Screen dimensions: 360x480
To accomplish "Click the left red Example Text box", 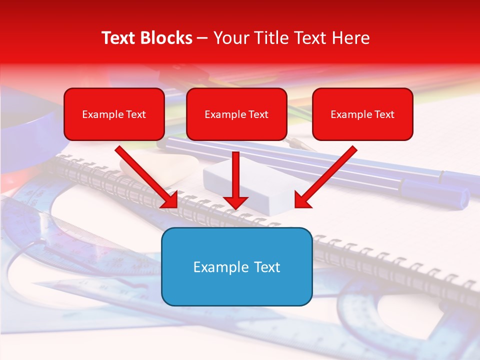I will tap(114, 114).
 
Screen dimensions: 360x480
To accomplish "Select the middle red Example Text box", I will tap(236, 114).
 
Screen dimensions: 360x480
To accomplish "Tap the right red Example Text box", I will tap(362, 114).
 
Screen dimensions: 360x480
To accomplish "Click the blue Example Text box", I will tap(236, 266).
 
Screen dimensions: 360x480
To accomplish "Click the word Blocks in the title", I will tap(166, 38).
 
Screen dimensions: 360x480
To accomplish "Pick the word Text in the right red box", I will tap(384, 114).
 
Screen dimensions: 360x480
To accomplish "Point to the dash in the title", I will tap(202, 38).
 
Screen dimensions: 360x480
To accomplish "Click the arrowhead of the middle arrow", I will tap(235, 202).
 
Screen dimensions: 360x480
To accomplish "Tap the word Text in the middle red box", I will tap(258, 114).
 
